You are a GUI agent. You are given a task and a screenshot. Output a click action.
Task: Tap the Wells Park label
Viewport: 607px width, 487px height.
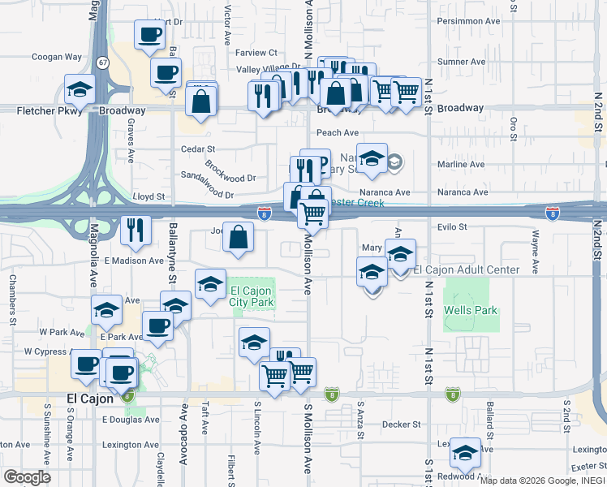tap(470, 310)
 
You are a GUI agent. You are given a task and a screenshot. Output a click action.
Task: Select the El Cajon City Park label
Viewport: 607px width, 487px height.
tap(252, 297)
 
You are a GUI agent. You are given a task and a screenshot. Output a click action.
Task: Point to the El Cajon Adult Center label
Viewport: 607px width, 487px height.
tap(467, 269)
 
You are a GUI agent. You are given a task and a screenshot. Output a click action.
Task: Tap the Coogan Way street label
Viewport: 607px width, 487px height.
tap(57, 58)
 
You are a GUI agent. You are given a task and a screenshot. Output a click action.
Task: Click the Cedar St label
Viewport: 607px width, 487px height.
tap(198, 149)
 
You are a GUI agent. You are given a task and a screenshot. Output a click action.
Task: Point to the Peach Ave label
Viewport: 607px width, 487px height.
tap(338, 132)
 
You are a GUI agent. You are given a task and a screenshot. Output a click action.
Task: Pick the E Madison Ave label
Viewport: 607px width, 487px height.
tap(134, 261)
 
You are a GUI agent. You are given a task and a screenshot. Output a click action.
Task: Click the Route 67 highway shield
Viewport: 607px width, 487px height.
tap(101, 62)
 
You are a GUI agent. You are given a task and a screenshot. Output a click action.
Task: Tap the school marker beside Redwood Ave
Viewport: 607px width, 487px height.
tap(466, 452)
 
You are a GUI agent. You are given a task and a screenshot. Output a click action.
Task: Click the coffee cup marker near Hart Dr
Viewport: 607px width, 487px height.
tap(149, 35)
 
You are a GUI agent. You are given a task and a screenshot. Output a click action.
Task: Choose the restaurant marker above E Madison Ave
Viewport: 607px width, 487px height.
tap(136, 229)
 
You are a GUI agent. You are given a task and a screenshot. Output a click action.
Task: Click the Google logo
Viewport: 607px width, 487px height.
tap(27, 477)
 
